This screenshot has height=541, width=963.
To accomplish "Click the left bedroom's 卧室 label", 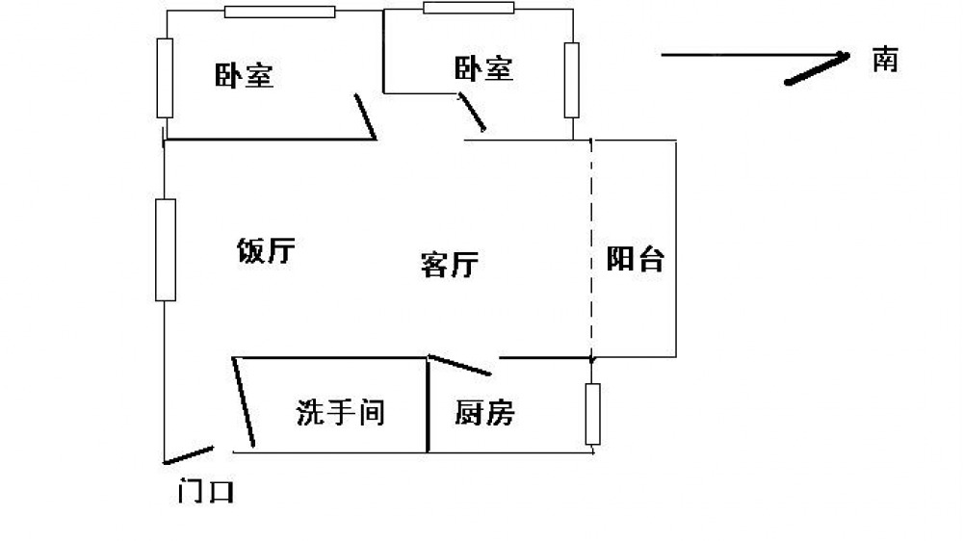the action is [244, 75].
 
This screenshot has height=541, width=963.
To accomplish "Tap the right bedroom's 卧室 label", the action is [483, 68].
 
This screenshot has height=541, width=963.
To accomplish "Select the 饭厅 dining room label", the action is [266, 250].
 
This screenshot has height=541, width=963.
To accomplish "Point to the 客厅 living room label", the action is [450, 265].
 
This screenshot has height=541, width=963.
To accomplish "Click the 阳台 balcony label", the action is [635, 259].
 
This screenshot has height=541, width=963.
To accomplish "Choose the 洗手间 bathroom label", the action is [340, 412].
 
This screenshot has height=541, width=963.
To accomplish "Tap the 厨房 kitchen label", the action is [484, 412].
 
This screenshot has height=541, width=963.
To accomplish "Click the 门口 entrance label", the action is [206, 491].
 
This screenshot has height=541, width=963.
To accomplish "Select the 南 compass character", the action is [885, 60].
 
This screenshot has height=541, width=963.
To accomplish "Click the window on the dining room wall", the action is [166, 250].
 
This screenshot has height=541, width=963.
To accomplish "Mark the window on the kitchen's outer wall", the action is [592, 414].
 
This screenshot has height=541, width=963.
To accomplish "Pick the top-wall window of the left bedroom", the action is [279, 12].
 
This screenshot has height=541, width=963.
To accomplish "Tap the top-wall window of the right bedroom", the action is [469, 8].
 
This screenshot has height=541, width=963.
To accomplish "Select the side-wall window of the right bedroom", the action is [572, 80].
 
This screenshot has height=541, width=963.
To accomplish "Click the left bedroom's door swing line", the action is [365, 116].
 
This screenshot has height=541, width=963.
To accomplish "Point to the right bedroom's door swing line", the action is [472, 112].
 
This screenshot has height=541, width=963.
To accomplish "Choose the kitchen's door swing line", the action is [459, 365].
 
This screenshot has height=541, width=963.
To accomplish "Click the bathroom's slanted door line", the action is [244, 402].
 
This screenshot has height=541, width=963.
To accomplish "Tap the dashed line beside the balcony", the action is [591, 248].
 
